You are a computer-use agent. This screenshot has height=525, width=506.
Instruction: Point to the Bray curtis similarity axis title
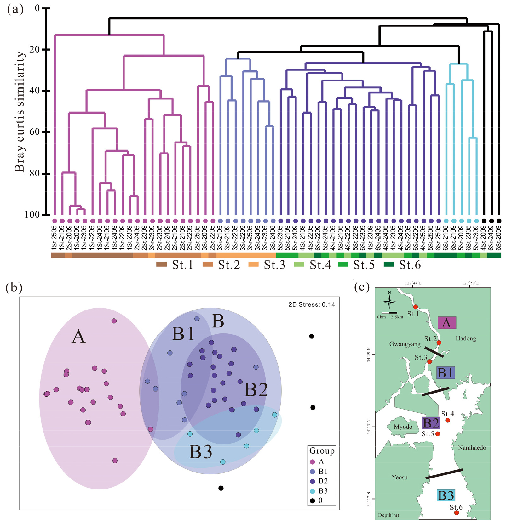pyautogui.click(x=20, y=112)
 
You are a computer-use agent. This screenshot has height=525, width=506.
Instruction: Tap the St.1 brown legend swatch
pyautogui.click(x=161, y=265)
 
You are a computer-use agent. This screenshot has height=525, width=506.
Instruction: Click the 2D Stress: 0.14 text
pyautogui.click(x=312, y=304)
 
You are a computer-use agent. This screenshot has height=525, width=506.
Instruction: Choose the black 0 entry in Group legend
pyautogui.click(x=316, y=500)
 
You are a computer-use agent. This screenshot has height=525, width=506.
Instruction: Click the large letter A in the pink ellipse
pyautogui.click(x=78, y=337)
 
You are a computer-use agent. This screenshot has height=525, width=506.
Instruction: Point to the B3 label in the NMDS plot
pyautogui.click(x=200, y=452)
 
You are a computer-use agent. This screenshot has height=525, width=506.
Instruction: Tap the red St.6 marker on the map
pyautogui.click(x=457, y=513)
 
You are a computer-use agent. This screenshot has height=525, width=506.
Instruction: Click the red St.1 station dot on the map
pyautogui.click(x=416, y=307)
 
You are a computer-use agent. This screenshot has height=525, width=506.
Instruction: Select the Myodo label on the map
pyautogui.click(x=403, y=427)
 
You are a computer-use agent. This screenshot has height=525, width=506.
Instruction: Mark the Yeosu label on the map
pyautogui.click(x=400, y=477)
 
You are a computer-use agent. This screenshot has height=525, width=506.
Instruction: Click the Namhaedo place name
pyautogui.click(x=472, y=448)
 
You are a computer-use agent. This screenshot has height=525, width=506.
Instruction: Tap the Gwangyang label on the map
pyautogui.click(x=405, y=344)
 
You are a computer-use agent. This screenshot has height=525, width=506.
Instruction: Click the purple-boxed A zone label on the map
pyautogui.click(x=447, y=323)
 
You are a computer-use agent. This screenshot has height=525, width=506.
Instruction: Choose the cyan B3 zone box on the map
pyautogui.click(x=446, y=495)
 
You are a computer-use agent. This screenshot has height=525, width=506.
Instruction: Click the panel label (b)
pyautogui.click(x=14, y=287)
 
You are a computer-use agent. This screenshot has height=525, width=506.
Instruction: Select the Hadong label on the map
pyautogui.click(x=466, y=338)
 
